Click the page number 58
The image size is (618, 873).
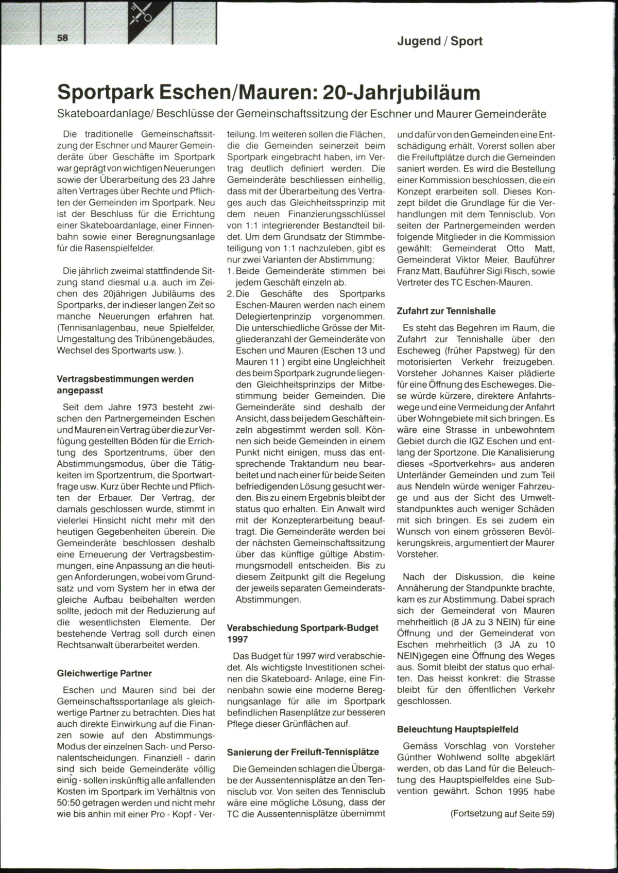tap(63, 38)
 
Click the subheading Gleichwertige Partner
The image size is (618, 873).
tap(105, 673)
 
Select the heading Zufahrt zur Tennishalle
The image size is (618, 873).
tap(446, 311)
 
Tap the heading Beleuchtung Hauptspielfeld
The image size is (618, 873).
tap(458, 729)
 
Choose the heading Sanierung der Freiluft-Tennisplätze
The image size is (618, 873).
tap(303, 752)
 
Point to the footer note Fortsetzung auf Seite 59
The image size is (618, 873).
tap(502, 814)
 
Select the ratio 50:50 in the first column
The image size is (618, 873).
tap(69, 803)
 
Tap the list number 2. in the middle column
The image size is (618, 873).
tap(231, 294)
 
